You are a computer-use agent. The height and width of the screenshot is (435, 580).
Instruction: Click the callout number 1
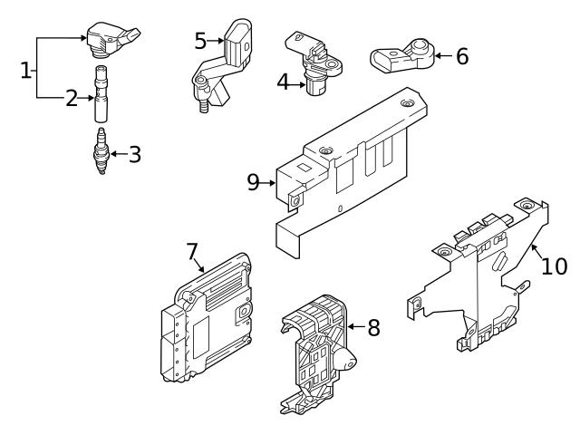pos(25,69)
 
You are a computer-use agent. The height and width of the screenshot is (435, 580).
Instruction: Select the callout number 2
pos(72,99)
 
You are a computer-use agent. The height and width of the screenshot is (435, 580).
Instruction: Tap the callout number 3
pos(134,154)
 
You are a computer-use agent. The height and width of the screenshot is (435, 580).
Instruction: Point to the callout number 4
pos(283,82)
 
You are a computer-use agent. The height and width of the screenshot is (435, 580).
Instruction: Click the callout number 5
pos(201,40)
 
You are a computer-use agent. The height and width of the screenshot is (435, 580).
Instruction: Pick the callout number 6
pos(461,57)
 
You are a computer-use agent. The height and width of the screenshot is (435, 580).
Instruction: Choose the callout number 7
pos(191,249)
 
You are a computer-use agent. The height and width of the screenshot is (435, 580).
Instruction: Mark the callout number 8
pos(373,326)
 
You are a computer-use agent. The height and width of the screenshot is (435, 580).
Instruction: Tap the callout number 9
pos(254,182)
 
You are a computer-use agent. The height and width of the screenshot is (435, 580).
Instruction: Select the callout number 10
pos(554,266)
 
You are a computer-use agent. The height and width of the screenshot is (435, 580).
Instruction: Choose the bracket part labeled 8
pos(315,353)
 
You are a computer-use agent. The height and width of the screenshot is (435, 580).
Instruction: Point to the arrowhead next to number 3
pos(114,154)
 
